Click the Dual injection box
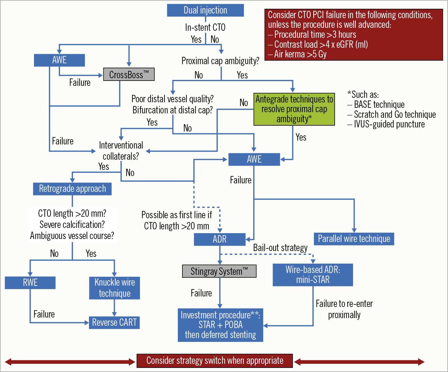point(205,10)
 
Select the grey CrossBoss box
point(129,74)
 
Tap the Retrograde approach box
point(72,189)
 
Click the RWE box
point(30,282)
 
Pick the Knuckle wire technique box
point(114,288)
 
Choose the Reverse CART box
point(114,322)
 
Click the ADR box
point(220,239)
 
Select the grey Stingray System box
point(219,271)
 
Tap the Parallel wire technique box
point(354,239)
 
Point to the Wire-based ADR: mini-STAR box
point(313,275)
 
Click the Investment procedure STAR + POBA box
point(220,325)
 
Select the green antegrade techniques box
point(294,109)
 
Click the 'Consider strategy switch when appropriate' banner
point(215,361)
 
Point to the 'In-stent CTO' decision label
point(205,27)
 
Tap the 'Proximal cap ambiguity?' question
point(220,61)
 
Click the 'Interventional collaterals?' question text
point(121,151)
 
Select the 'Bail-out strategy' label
point(280,248)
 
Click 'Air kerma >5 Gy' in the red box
point(300,54)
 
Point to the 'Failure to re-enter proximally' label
point(344,309)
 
